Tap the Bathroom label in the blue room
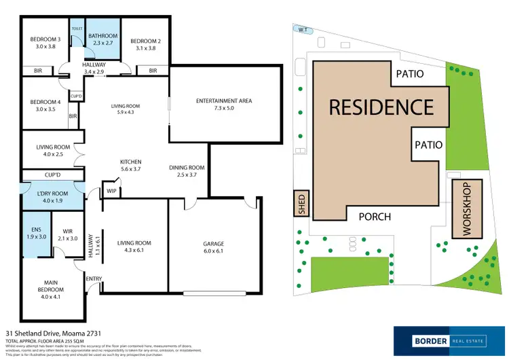[x=103, y=36]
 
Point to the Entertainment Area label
[x=224, y=101]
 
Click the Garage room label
[x=214, y=244]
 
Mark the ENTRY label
[x=94, y=278]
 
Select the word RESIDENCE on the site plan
[x=381, y=107]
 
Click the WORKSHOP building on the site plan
[x=466, y=209]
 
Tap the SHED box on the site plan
[x=302, y=204]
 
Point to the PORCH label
[x=374, y=217]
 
